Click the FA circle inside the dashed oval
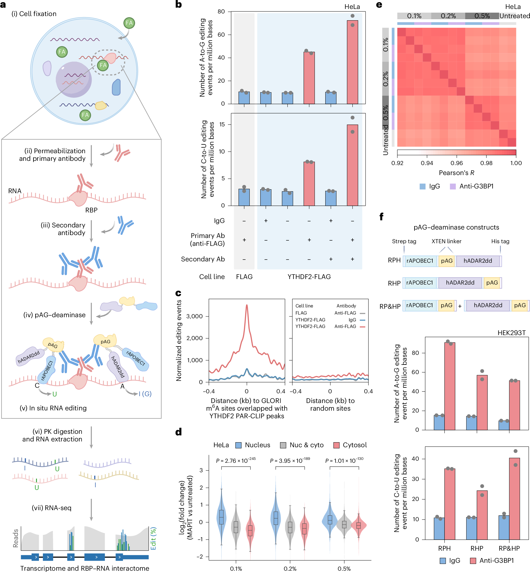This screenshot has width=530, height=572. coord(103,65)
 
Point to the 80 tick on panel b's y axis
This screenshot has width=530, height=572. coord(221,12)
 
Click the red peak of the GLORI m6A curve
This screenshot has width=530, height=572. coord(247,306)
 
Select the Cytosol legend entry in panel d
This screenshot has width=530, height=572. coord(350,445)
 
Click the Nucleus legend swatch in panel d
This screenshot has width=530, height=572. coord(238,445)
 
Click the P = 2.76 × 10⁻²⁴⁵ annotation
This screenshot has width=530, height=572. coord(236,460)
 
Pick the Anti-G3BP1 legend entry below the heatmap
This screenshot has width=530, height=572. coord(472,186)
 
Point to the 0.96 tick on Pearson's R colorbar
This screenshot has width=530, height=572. coord(457,163)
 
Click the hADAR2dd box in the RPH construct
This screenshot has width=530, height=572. coord(478,261)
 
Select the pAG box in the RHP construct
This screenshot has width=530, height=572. coord(492,282)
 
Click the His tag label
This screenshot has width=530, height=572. coord(500,241)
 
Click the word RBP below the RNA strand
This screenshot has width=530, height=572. coord(91,210)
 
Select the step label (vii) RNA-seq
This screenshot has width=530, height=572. coord(52,508)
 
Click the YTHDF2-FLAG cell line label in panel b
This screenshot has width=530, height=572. coord(309,277)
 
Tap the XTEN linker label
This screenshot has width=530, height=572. coord(446,241)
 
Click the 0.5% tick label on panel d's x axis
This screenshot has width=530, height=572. coord(344,568)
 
